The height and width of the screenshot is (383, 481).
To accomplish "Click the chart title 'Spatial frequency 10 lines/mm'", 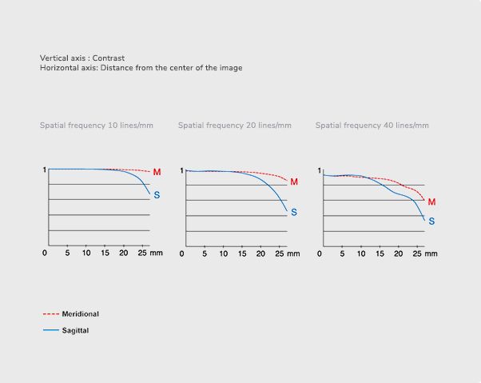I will click(97, 126).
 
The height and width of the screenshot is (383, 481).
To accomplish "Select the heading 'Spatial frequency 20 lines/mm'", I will click(235, 126).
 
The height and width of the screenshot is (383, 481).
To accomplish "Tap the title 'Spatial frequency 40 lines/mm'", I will click(372, 126).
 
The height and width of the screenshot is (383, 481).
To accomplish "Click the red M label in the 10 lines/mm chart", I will click(157, 172).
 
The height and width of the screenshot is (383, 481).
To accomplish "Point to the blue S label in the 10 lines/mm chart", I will click(157, 195).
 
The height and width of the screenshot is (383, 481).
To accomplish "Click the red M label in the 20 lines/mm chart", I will click(294, 182).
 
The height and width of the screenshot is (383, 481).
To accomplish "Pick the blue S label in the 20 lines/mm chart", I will click(294, 212).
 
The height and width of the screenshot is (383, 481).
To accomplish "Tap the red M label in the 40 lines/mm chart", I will click(431, 202).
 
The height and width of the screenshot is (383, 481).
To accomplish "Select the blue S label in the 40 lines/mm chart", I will click(431, 221).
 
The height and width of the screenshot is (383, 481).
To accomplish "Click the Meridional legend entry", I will click(80, 314).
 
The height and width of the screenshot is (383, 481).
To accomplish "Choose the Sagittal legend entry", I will click(75, 329).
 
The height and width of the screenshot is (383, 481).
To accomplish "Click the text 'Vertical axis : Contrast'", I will click(82, 58).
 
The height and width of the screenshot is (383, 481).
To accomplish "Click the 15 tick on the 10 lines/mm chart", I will click(105, 253).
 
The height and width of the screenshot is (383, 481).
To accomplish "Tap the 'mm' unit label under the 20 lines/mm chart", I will click(293, 253).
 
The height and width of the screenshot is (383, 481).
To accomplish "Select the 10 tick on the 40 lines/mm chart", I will click(360, 253).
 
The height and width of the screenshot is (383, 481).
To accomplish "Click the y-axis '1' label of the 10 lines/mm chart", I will click(44, 170).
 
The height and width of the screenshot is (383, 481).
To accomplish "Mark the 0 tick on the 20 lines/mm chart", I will click(182, 253).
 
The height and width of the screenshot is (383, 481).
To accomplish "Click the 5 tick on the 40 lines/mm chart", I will click(342, 253).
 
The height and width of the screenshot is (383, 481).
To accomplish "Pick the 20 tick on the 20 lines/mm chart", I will click(260, 253).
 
